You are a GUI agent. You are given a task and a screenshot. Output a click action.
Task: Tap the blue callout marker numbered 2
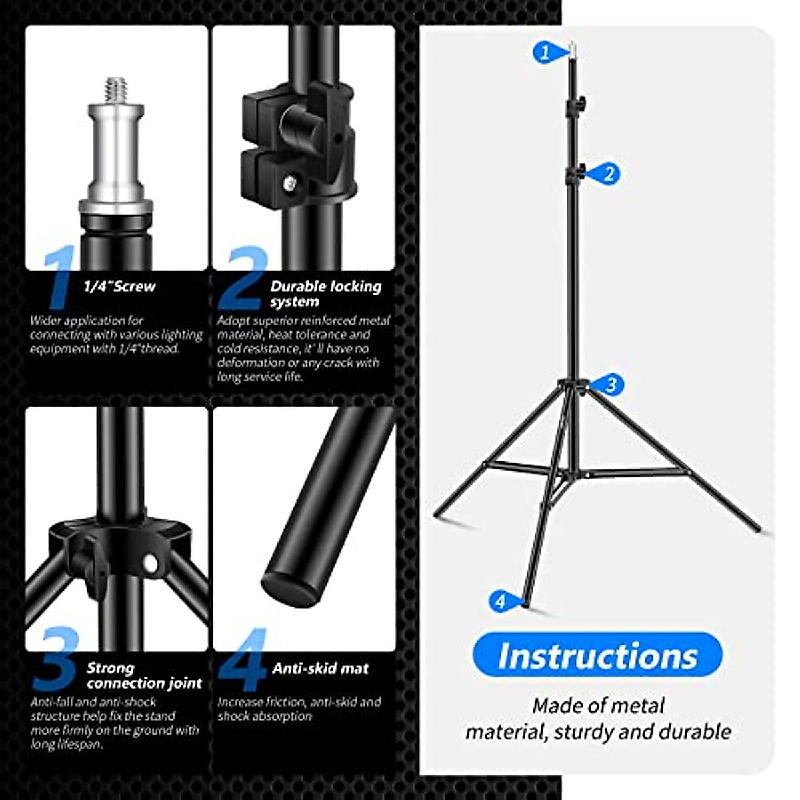coord(607,174)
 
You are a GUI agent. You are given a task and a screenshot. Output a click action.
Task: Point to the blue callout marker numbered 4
coord(501,601)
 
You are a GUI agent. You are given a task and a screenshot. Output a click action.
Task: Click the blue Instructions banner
coord(597,655)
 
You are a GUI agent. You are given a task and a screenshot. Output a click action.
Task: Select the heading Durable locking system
coord(325,293)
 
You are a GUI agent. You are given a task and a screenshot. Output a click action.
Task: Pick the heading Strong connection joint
coord(143,675)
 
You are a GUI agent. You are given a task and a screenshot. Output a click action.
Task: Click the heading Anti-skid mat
coord(320,669)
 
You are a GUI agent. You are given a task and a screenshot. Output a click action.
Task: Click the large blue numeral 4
coord(243,660)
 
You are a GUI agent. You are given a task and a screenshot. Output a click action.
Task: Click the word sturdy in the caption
coord(587,731)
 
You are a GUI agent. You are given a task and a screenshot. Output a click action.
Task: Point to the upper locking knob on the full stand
coord(582,103)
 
